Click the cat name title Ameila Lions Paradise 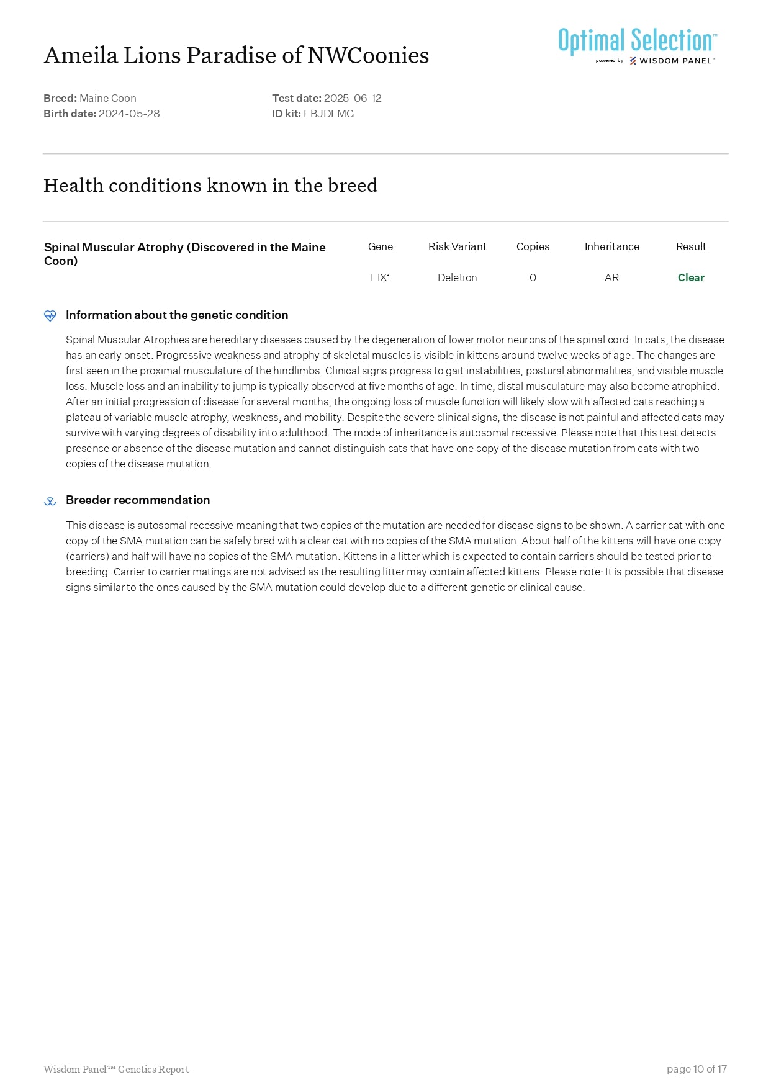pos(236,56)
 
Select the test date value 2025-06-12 pos(353,98)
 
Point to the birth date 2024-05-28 pos(129,114)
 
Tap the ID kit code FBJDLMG pos(328,114)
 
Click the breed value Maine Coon pos(108,98)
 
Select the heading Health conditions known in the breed pos(210,185)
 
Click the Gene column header pos(381,246)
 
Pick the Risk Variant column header pos(457,246)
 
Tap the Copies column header pos(533,246)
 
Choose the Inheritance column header pos(611,246)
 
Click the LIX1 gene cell pos(381,277)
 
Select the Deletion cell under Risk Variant pos(457,277)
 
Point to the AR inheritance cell pos(611,277)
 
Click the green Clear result pos(691,277)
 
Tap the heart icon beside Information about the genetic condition pos(50,315)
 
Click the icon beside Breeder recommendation pos(50,501)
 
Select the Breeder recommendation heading pos(138,500)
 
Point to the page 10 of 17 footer pos(697,1069)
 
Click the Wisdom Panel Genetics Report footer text pos(116,1069)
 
